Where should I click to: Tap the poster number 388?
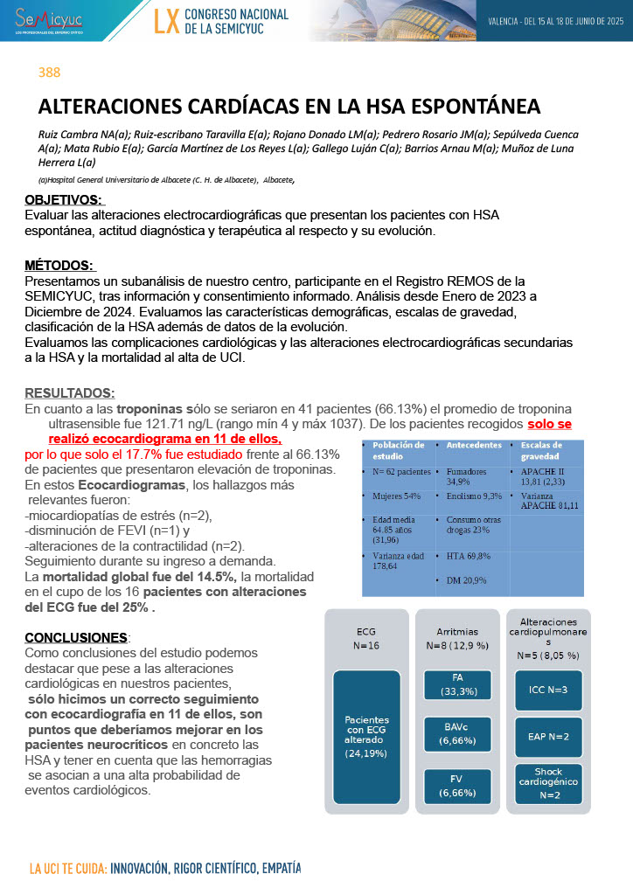(49, 73)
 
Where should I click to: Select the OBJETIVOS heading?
(64, 200)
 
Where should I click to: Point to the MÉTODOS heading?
(59, 265)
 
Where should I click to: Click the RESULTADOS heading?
(69, 393)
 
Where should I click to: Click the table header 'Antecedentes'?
(474, 445)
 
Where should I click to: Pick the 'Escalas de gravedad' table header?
(543, 450)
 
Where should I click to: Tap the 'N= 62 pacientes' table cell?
(401, 472)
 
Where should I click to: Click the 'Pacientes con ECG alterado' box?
(366, 736)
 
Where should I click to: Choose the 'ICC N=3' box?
(548, 690)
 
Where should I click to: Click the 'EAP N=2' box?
(548, 736)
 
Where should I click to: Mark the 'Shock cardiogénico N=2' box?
(548, 782)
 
